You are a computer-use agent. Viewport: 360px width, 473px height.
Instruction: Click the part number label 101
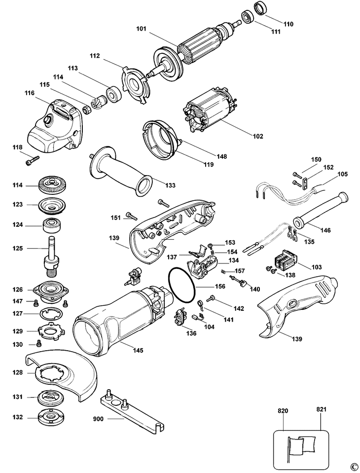point(142,29)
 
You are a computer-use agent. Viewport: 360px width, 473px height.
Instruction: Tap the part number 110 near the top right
point(288,23)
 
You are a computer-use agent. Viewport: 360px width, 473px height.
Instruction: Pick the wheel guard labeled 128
point(59,373)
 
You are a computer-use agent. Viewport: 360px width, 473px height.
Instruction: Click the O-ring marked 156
point(183,286)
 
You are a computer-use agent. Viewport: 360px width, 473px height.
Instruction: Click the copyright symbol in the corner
point(353,466)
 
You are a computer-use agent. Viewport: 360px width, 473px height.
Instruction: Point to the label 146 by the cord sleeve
point(326,230)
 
